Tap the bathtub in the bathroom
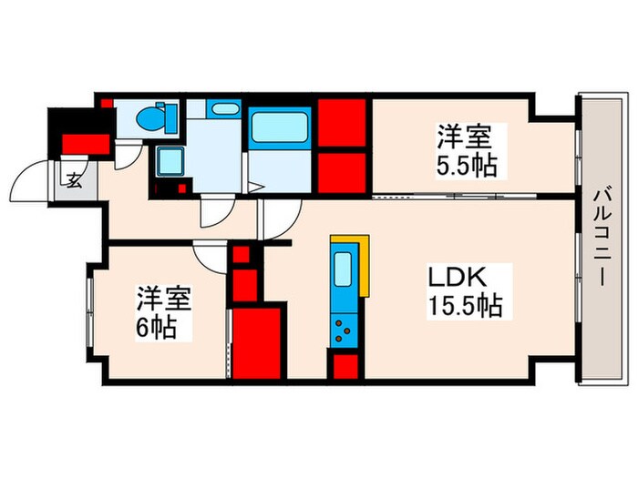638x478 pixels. pyautogui.click(x=279, y=127)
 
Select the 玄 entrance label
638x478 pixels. pyautogui.click(x=74, y=179)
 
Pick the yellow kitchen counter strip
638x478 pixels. pyautogui.click(x=365, y=264)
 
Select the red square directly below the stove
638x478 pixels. pyautogui.click(x=345, y=366)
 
